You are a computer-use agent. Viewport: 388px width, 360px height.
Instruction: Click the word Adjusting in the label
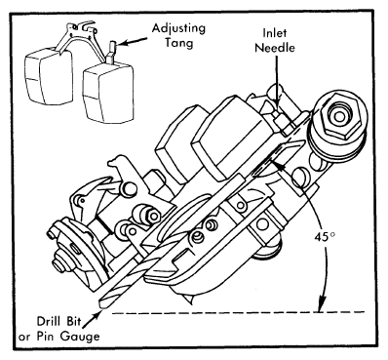click(x=178, y=29)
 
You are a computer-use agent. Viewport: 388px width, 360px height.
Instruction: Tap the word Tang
click(x=178, y=43)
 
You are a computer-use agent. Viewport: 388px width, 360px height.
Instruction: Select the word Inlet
click(x=275, y=32)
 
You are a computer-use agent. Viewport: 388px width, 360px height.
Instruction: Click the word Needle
click(x=275, y=48)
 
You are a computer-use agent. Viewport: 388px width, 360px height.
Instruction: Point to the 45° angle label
click(x=324, y=236)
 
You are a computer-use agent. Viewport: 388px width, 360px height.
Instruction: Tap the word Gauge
click(x=80, y=337)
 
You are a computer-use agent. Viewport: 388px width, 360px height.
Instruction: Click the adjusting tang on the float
click(x=111, y=52)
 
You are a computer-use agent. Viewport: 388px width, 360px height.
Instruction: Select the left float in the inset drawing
click(x=49, y=77)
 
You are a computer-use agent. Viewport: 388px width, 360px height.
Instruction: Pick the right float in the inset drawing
click(x=108, y=92)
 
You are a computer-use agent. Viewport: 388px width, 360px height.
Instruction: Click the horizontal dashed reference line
click(x=239, y=312)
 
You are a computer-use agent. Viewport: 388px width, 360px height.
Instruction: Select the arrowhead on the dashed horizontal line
click(x=322, y=305)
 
